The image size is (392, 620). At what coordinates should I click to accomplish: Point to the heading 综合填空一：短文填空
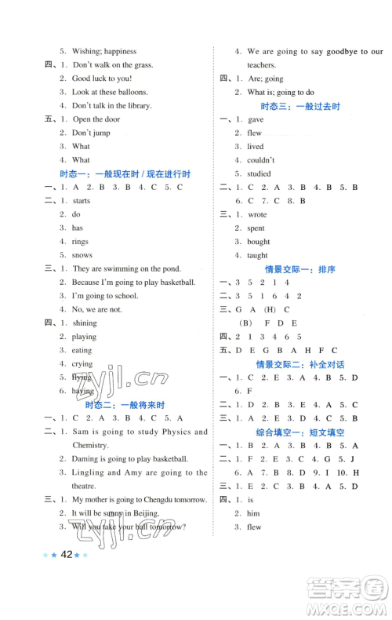tap(300, 432)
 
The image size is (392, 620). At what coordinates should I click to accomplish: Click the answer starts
tap(81, 201)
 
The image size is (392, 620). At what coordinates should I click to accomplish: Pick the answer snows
tap(82, 255)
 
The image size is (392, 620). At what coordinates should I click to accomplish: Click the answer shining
tap(85, 323)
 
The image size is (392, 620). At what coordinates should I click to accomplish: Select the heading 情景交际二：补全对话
tap(300, 364)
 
